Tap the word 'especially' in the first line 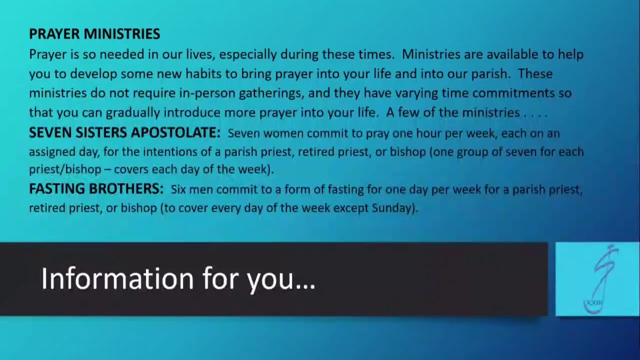(247, 54)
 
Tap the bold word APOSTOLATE (175, 132)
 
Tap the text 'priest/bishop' (64, 169)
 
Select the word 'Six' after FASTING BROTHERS (178, 189)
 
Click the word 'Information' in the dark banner (117, 278)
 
